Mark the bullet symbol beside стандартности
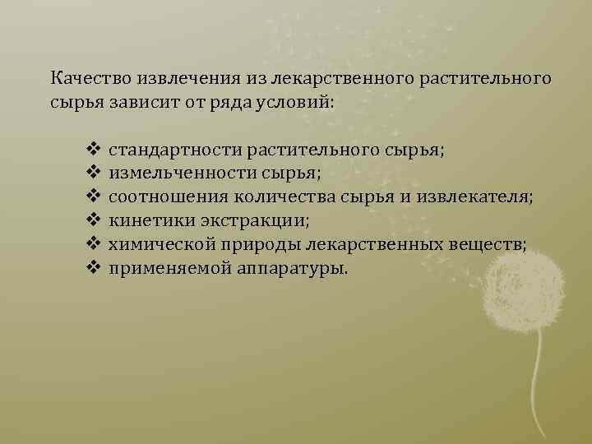pos(92,151)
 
